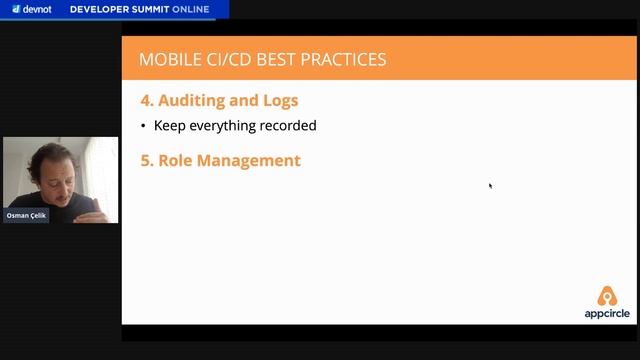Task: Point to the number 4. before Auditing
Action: [x=146, y=101]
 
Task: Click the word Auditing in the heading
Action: [x=194, y=101]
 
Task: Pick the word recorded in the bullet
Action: [x=290, y=126]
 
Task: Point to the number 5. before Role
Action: [x=146, y=160]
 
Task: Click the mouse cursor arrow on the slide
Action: [x=490, y=185]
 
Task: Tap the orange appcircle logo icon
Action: [x=607, y=296]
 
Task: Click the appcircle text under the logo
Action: [x=607, y=312]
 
